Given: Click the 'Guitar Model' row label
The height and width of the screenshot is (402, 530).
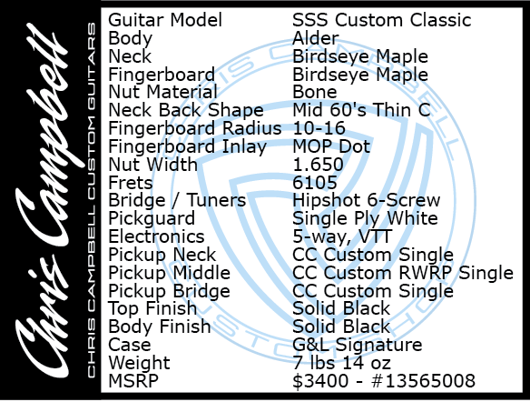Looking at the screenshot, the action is pos(165,20).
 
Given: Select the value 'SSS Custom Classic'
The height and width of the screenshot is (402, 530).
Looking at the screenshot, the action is pos(381,20).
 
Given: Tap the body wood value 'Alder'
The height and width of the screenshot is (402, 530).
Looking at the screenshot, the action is pos(316,38).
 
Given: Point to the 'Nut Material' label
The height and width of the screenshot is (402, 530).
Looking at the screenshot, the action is pos(163,92).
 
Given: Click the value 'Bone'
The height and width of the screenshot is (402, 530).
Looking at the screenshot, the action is pos(315,92).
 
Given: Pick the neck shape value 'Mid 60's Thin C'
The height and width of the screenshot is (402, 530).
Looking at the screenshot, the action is pos(362,110).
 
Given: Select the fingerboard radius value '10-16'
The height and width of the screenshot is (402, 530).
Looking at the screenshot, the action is pos(319,128).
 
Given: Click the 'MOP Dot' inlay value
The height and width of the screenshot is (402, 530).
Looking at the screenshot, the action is pos(331,146).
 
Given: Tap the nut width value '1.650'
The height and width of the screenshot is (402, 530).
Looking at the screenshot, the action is pos(318,165).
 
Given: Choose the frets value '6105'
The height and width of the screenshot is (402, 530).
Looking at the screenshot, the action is pos(315,183).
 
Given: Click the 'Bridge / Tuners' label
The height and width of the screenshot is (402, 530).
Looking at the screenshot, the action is pos(177,200).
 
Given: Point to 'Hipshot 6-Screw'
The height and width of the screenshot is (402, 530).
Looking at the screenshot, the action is pos(367,200).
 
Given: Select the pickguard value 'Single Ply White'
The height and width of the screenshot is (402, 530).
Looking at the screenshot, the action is pos(366,218).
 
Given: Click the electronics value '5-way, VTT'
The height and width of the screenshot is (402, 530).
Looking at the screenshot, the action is pos(342,236).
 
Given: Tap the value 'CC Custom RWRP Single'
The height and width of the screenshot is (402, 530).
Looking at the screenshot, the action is pos(403,273).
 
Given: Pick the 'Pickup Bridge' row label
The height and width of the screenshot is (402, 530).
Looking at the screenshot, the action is pos(170,291).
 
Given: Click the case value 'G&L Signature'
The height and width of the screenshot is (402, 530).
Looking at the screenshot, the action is pos(358,345).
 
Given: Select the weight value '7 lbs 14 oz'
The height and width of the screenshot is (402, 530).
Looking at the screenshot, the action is pos(342,362).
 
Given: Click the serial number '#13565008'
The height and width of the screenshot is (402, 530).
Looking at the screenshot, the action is pos(424,381).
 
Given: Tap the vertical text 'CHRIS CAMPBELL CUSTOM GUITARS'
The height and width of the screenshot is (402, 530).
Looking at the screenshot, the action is pos(92,200).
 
